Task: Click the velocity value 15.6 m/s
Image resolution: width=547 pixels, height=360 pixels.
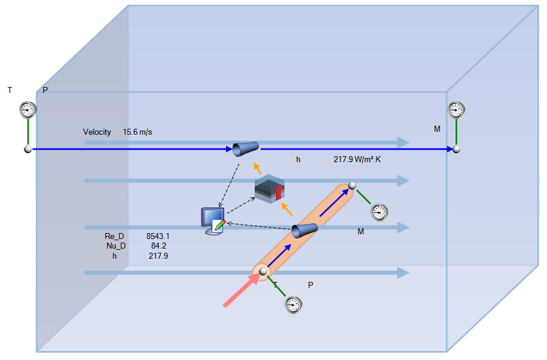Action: pos(137,132)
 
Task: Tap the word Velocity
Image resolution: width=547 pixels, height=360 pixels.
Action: pos(97,132)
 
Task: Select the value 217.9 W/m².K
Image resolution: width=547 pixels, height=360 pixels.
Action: pos(360,160)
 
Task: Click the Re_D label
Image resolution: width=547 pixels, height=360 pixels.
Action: pos(114,237)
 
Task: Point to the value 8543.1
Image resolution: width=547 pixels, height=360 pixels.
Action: pos(158,237)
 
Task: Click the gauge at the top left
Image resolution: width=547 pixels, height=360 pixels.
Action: pos(27,110)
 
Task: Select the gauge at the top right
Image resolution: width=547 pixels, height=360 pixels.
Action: pos(456,110)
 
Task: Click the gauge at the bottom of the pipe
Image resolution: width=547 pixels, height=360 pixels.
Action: pos(292,304)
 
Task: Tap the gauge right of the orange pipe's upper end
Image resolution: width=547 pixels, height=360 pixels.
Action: pos(379,212)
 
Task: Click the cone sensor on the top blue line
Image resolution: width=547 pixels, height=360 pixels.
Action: pos(246,148)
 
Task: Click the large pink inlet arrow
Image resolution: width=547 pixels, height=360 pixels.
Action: pos(240,292)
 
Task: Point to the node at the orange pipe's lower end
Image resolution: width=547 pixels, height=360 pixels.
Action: pos(262,272)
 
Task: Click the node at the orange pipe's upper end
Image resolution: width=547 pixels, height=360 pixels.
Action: pos(352,185)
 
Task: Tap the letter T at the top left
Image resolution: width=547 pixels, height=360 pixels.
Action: pos(10,91)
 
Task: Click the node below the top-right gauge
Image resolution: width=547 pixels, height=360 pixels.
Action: pos(456,149)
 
